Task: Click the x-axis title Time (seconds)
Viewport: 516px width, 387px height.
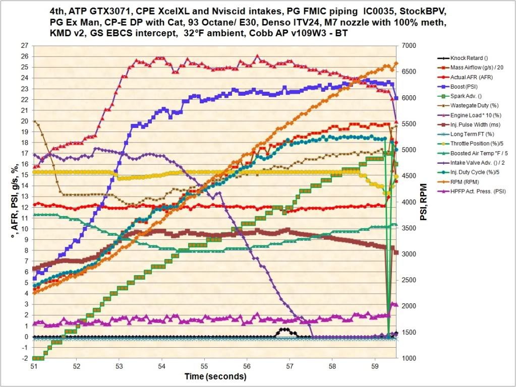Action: [x=215, y=376]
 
